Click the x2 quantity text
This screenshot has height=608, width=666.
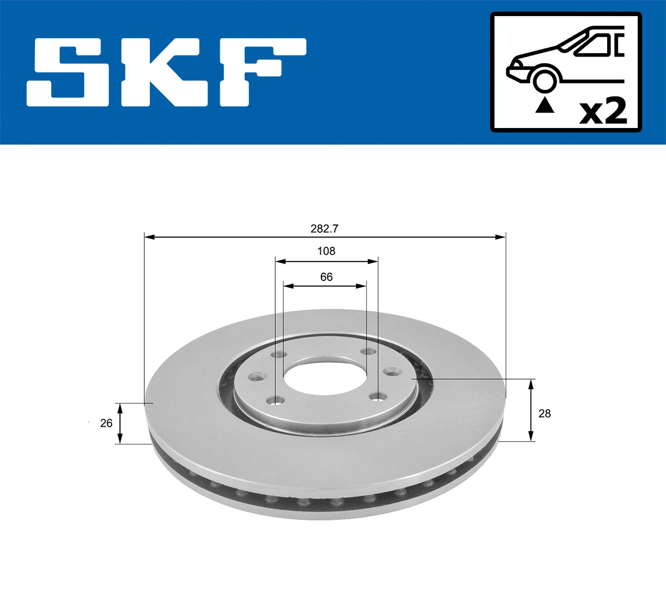(602, 111)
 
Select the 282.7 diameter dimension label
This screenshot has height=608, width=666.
(325, 228)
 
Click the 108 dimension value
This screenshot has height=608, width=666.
(326, 251)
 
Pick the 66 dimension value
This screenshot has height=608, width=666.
(326, 277)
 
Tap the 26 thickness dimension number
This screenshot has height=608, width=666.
(106, 423)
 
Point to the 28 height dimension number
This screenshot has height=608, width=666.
(544, 413)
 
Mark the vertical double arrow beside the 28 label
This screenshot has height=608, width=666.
(531, 410)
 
